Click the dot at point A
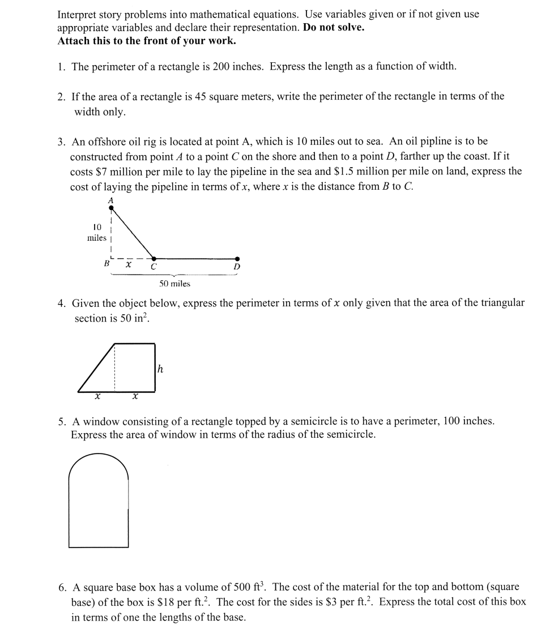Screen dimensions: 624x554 pyautogui.click(x=111, y=208)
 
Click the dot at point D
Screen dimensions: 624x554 pyautogui.click(x=237, y=258)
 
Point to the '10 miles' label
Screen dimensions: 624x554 pyautogui.click(x=96, y=233)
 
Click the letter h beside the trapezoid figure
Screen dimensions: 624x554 pyautogui.click(x=160, y=369)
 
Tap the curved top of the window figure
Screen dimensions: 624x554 pyautogui.click(x=99, y=456)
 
